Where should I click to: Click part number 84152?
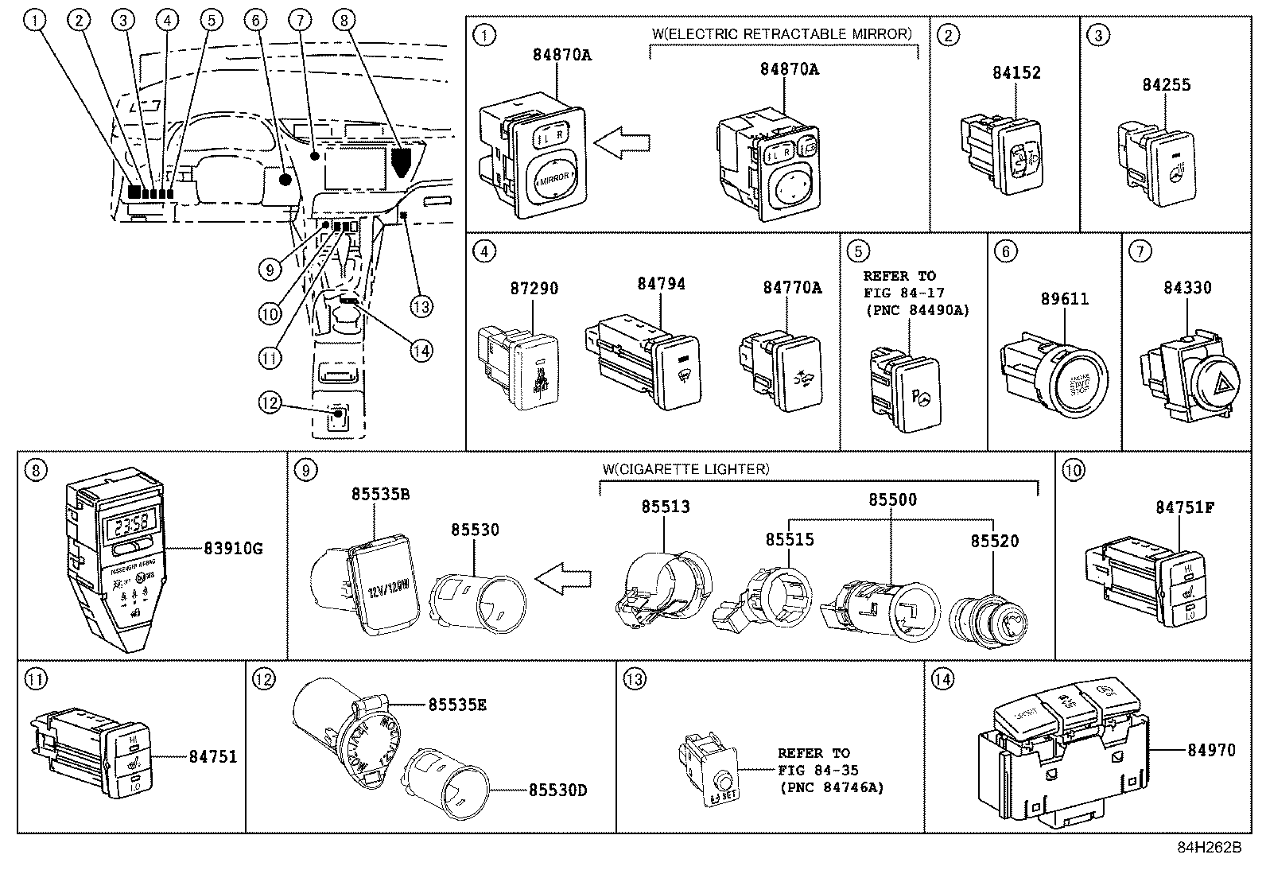point(1016,72)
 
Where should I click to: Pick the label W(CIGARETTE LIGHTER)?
point(685,469)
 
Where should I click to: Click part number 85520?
point(994,541)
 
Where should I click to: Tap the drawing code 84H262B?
point(1209,847)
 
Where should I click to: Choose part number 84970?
point(1211,749)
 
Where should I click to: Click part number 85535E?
point(457,704)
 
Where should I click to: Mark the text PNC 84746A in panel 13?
point(831,787)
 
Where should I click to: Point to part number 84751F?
point(1184,507)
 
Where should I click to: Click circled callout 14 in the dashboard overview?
point(421,349)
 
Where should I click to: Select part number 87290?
point(530,288)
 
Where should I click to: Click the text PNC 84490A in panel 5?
point(916,310)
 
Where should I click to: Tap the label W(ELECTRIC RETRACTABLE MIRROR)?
point(782,34)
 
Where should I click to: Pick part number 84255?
point(1166,84)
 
